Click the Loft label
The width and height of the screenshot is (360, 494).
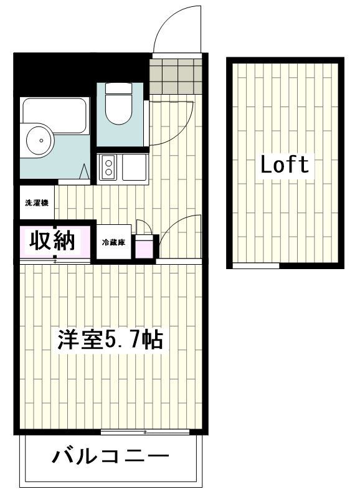[284, 164]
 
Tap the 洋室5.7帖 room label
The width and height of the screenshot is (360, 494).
[110, 340]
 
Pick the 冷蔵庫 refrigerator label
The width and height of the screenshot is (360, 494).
[114, 242]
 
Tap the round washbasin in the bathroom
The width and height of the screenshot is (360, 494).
[40, 140]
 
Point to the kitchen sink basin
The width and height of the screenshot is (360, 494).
[133, 167]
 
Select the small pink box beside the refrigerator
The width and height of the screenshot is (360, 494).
[143, 247]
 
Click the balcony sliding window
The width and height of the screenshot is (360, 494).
[145, 432]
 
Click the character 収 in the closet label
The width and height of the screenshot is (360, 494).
[39, 240]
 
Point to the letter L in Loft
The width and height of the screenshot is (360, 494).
[265, 164]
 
